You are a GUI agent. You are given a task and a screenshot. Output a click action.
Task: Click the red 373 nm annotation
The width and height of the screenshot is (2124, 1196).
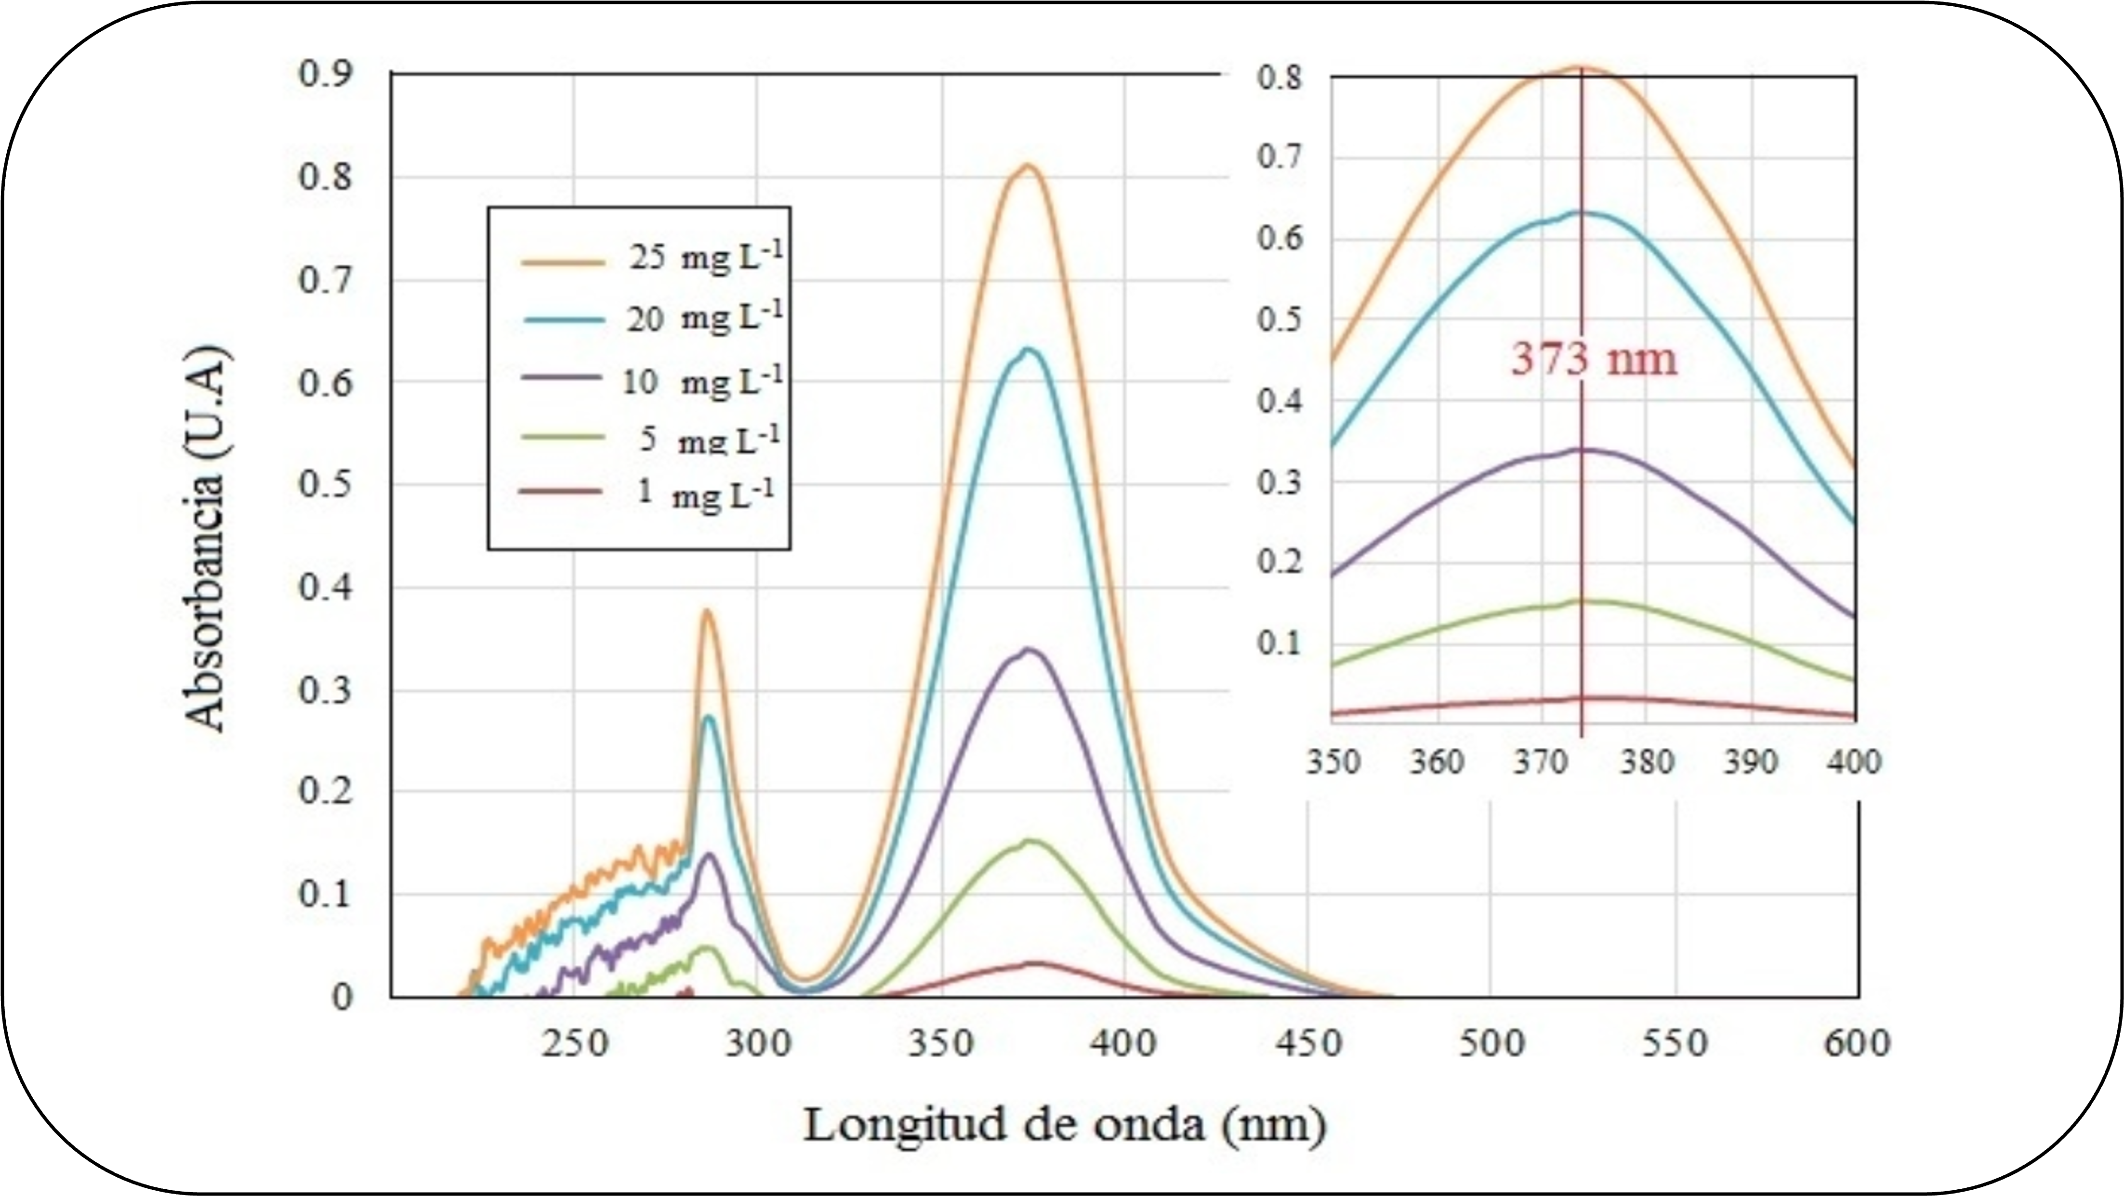(x=1594, y=359)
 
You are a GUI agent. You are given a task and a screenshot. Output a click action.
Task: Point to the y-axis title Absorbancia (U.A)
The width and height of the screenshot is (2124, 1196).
(x=204, y=540)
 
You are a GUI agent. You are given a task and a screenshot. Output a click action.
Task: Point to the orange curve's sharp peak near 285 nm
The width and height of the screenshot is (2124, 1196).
(x=707, y=611)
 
